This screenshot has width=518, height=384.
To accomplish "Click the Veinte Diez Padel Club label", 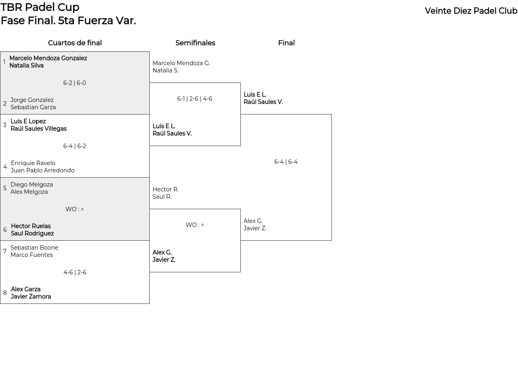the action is point(471,11).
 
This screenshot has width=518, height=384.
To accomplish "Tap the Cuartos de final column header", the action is point(75,43).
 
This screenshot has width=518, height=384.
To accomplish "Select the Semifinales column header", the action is point(195,43).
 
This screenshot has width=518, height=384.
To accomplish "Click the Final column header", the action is point(287,43).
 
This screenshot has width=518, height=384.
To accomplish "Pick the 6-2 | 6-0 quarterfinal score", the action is point(74,83).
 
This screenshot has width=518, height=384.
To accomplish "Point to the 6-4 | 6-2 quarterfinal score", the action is point(74,146).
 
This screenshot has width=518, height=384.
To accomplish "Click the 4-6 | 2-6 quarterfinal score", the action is point(75,272).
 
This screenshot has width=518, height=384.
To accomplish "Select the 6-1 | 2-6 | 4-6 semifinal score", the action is point(195,99).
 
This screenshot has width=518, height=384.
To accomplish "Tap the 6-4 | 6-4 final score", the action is point(286,161).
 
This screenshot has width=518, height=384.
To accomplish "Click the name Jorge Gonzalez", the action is point(32,100).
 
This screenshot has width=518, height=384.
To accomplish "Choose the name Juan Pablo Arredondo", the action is point(42,170).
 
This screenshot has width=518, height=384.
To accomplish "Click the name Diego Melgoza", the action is point(32,185).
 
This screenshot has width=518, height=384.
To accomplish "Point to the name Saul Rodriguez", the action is point(32,233).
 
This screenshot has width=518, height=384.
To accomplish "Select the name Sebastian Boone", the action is point(34,248).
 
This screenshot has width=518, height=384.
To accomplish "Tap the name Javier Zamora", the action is point(31,297).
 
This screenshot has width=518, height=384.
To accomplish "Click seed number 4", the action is point(5,167).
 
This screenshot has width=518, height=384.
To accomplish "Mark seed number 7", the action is point(5,251).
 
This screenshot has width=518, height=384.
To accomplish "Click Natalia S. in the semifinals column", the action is point(166,70).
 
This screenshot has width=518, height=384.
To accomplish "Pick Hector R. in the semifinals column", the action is point(166,189).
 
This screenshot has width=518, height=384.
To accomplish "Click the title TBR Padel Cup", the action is point(40,7).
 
